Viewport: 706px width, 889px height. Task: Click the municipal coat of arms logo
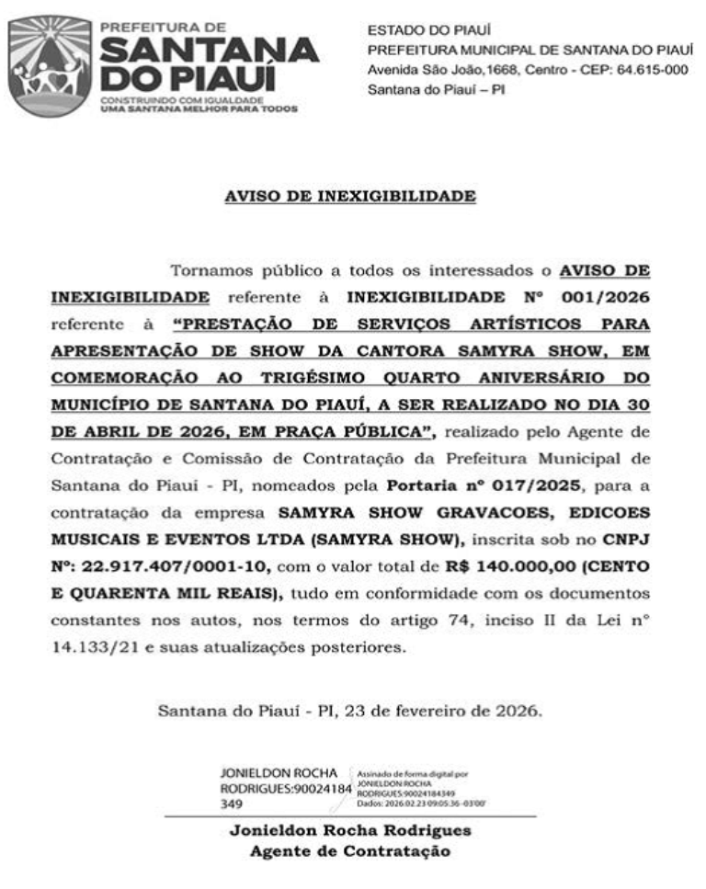click(x=50, y=65)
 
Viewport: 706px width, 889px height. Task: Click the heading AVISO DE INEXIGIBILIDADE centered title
click(x=350, y=196)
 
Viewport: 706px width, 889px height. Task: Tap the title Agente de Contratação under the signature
click(x=350, y=851)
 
